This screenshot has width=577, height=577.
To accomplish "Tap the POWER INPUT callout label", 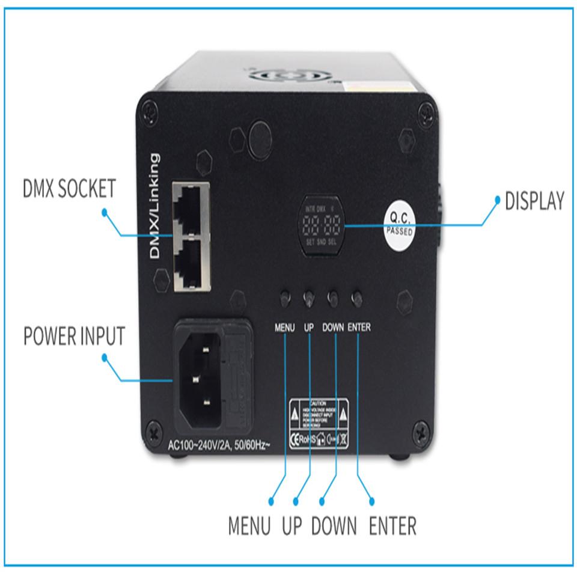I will point(74,336).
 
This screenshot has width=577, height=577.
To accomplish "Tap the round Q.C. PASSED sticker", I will point(400,224).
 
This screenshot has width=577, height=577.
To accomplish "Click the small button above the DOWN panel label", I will point(332,298).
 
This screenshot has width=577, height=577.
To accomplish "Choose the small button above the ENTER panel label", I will point(358,298).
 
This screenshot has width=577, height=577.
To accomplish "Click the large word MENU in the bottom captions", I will point(249,527).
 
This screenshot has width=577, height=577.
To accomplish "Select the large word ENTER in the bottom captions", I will point(392,527).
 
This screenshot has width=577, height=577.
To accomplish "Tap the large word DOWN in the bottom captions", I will point(334,527).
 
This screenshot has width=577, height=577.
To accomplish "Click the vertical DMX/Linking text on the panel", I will point(155,206).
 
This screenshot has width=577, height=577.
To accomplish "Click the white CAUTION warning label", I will point(319,413).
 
